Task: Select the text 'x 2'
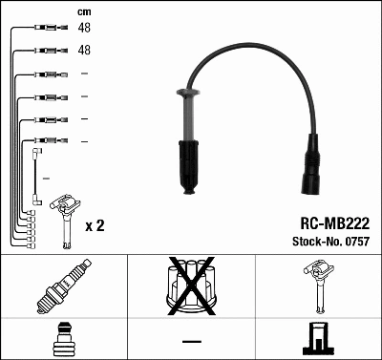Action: [x=95, y=226]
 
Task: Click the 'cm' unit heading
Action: [x=83, y=11]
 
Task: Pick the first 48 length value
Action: [x=83, y=29]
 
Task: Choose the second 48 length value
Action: [x=83, y=50]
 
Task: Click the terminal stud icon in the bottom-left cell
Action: [x=64, y=338]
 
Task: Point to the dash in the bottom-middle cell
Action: [x=191, y=341]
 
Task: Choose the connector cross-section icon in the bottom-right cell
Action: [x=317, y=338]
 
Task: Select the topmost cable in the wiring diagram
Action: [x=43, y=28]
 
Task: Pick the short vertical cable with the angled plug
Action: [x=34, y=173]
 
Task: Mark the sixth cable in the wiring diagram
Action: [x=43, y=141]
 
